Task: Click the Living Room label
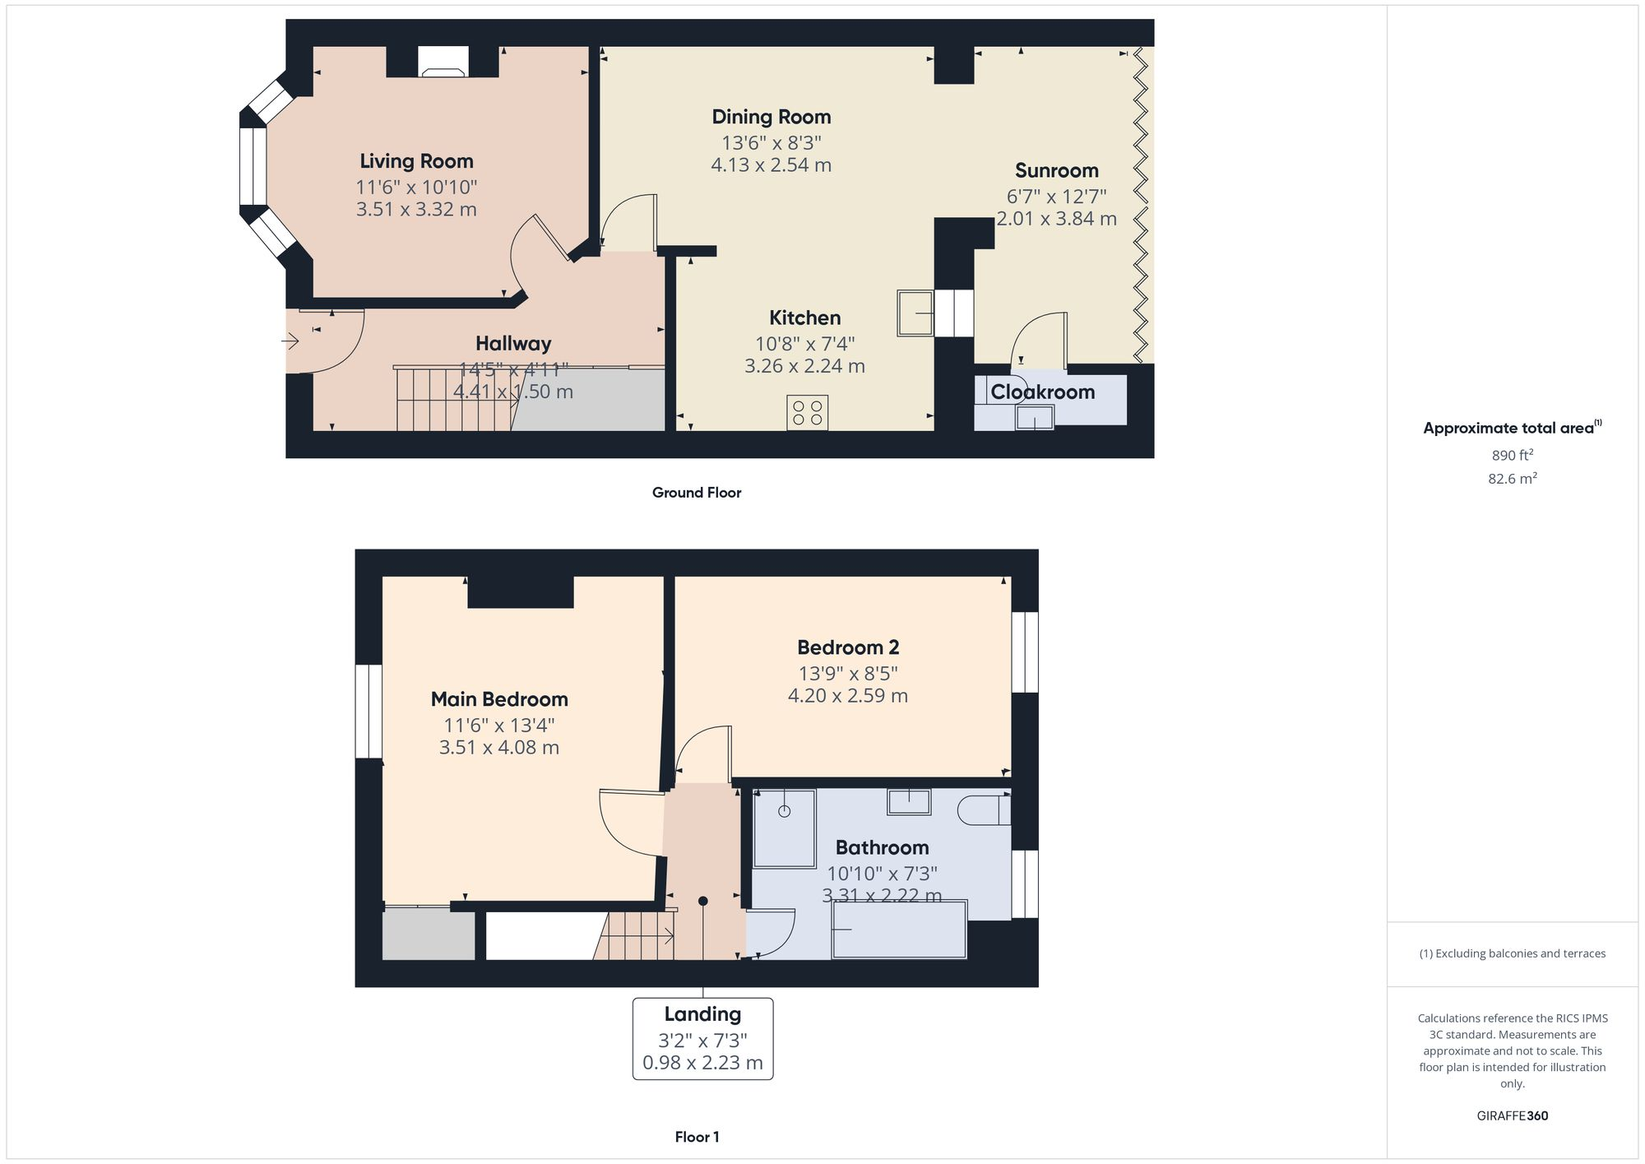(x=416, y=161)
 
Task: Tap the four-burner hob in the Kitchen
(x=807, y=412)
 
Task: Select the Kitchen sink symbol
(x=915, y=313)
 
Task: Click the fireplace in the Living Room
(x=443, y=62)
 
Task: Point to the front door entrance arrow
(x=291, y=341)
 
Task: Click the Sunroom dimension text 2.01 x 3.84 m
(x=1056, y=219)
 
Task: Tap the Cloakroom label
(x=1042, y=392)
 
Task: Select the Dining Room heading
(x=771, y=117)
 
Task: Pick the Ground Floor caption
(x=697, y=493)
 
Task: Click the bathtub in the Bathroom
(x=899, y=930)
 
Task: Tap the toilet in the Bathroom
(x=983, y=810)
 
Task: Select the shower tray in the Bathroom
(x=784, y=828)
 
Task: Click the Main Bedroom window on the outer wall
(x=368, y=711)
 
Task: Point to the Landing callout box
(x=702, y=1038)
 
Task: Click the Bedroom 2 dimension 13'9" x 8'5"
(x=847, y=674)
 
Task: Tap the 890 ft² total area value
(x=1512, y=455)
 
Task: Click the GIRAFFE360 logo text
(x=1512, y=1116)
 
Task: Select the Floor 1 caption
(x=697, y=1138)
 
